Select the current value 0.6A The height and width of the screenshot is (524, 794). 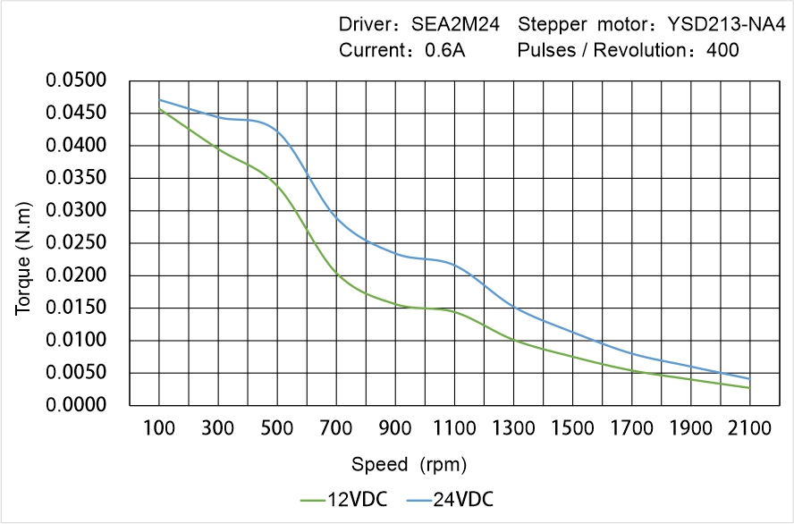point(444,50)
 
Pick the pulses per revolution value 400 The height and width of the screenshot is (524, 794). point(722,50)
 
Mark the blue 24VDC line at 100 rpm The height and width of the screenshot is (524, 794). point(159,99)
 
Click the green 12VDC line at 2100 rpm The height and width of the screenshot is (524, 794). point(749,388)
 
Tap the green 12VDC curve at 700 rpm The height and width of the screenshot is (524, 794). point(336,273)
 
